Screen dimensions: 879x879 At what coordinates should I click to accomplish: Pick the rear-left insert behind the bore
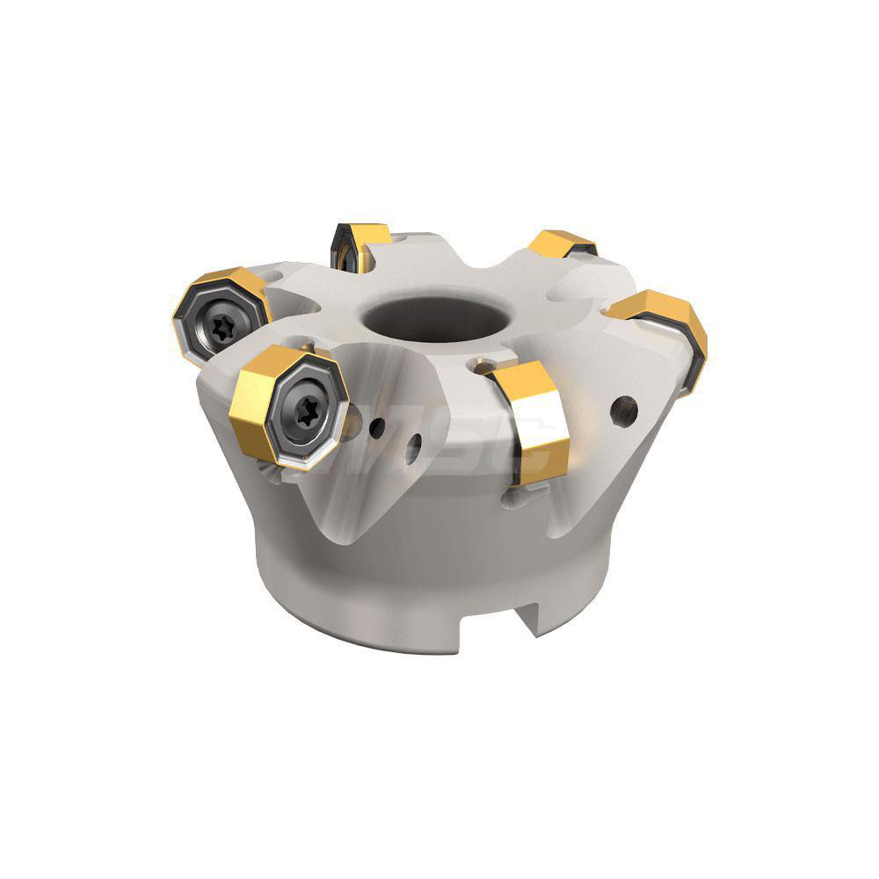coord(360,243)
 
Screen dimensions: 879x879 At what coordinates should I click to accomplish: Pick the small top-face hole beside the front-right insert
coord(481,364)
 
